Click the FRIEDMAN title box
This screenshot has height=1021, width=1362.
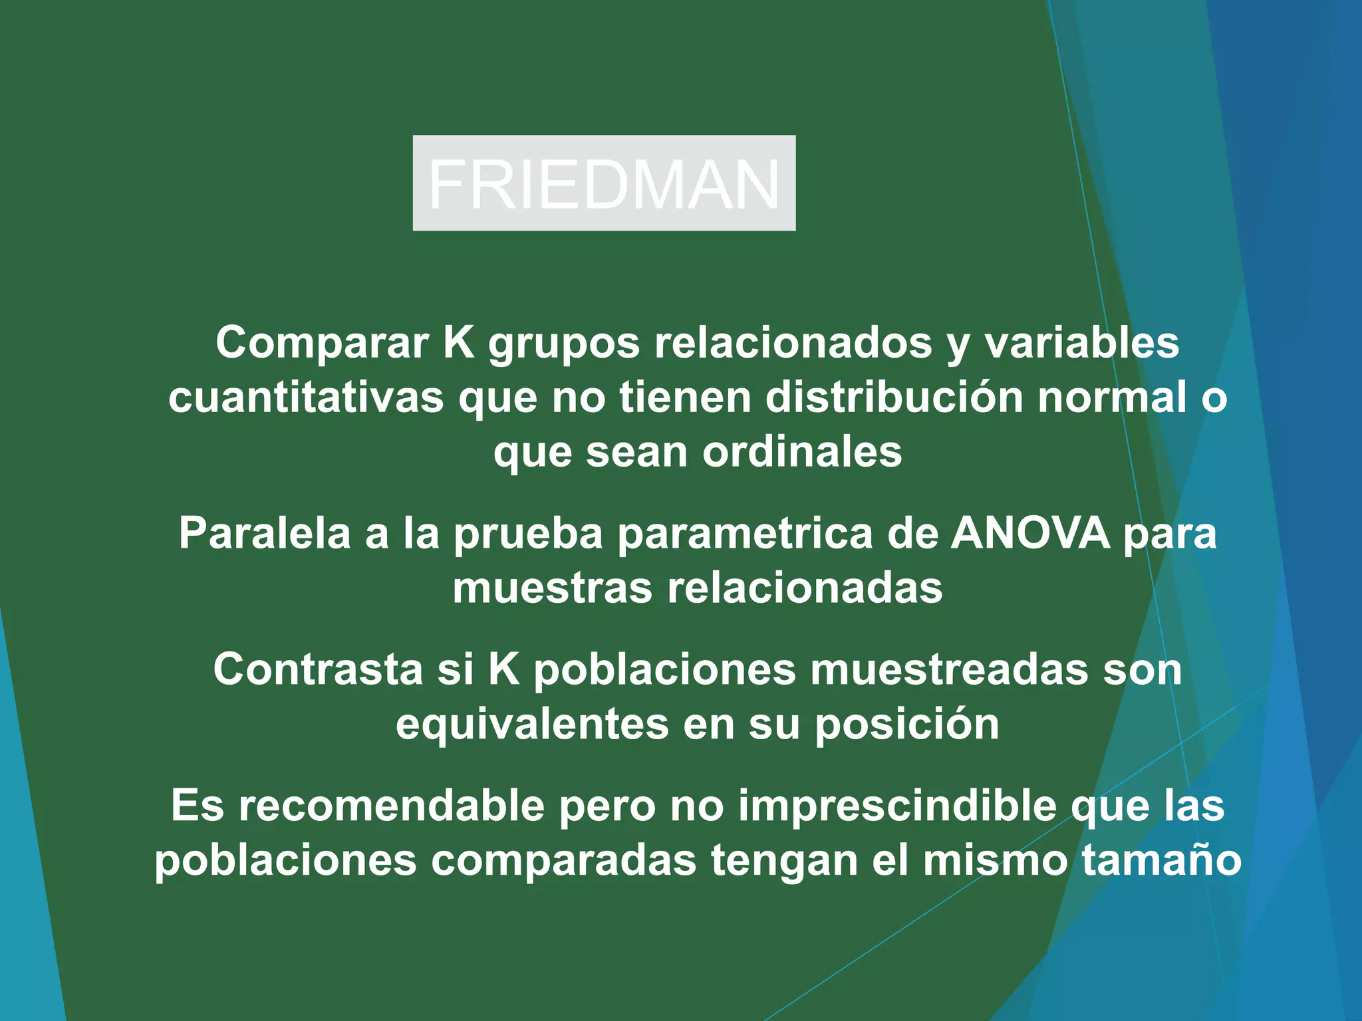click(604, 183)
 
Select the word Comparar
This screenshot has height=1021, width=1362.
click(322, 343)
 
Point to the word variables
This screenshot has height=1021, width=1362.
click(1081, 343)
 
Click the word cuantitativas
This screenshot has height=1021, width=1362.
click(306, 397)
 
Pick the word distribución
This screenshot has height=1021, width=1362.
click(894, 397)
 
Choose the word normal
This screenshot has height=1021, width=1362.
click(1112, 397)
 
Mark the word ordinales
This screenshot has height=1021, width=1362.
click(802, 452)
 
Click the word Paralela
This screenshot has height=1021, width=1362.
click(264, 533)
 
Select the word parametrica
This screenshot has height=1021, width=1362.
click(744, 534)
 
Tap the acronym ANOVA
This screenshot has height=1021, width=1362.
click(1029, 533)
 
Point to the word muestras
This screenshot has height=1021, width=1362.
click(552, 588)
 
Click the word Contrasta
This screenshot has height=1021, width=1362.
click(318, 669)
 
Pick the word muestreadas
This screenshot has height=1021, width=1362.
click(949, 669)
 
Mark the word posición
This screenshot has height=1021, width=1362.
click(907, 725)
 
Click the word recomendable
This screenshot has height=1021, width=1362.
click(391, 806)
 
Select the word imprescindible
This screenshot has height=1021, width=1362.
click(897, 806)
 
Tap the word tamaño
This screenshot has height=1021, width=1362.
click(1161, 861)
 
